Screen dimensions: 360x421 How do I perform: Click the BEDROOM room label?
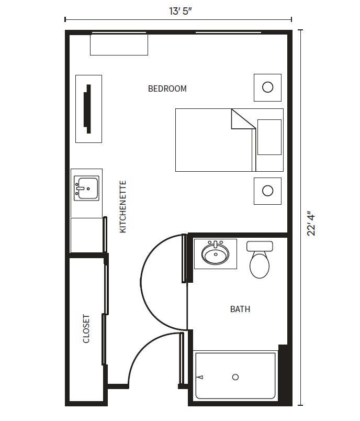[167, 88]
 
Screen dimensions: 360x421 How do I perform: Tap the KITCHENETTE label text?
[122, 206]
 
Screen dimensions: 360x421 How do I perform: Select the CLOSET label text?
[86, 329]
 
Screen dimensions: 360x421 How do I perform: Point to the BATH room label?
[240, 309]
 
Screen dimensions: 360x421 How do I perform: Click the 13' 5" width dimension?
[181, 12]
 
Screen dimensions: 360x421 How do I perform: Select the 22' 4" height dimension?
[311, 225]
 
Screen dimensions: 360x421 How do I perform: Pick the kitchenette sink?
[86, 188]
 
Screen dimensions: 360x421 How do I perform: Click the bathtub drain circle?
[235, 377]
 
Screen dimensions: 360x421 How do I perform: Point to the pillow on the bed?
[269, 137]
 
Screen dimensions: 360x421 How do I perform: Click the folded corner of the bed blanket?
[243, 119]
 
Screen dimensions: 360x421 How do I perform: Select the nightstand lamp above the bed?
[268, 87]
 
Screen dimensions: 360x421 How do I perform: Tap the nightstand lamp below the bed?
[268, 191]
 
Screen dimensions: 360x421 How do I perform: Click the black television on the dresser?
[87, 109]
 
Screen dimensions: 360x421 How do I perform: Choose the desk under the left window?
[119, 45]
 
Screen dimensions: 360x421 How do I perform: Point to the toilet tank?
[260, 246]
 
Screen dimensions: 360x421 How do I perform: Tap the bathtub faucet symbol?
[200, 377]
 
